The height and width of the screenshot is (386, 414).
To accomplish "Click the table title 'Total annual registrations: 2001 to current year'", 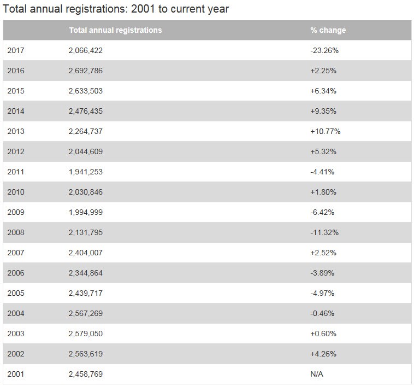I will click(116, 9).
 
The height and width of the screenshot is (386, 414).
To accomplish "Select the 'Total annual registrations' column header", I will click(115, 30).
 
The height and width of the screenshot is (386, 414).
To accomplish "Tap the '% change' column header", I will click(328, 30).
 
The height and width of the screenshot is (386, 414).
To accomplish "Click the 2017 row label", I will click(16, 50).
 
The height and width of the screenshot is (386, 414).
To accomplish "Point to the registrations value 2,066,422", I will click(86, 50).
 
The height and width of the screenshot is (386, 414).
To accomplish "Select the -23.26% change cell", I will click(324, 50).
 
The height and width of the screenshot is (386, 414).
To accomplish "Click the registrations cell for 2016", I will click(86, 71).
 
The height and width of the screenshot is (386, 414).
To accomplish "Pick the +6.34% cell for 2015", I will click(323, 91).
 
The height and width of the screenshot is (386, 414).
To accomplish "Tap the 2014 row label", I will click(16, 111).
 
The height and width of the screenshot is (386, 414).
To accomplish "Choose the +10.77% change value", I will click(326, 131).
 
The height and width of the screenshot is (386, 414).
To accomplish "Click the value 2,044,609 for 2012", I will click(86, 151).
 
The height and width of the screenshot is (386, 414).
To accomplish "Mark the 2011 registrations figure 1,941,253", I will click(86, 172).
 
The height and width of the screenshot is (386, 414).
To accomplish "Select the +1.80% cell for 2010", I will click(323, 192).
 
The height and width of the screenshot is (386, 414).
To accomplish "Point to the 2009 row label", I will click(16, 212).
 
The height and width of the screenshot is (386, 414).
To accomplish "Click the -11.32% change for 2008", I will click(324, 232).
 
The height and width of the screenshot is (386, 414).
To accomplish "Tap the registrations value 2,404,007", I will click(86, 253).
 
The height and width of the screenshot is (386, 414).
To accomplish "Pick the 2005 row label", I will click(16, 293).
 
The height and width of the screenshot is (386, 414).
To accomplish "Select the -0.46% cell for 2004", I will click(322, 313).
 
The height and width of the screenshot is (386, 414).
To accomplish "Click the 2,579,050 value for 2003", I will click(86, 334).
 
